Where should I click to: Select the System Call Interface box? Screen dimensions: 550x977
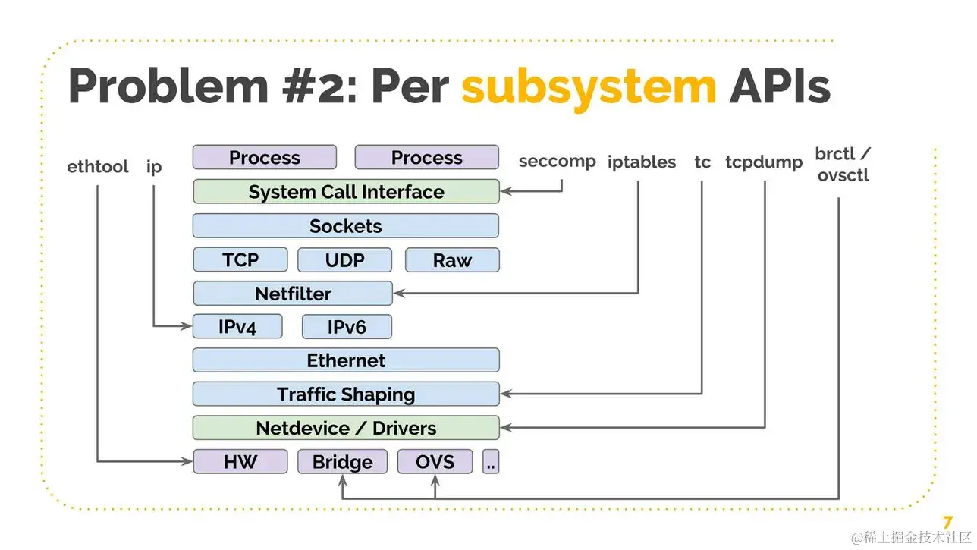click(346, 192)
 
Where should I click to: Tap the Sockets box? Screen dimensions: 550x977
click(346, 226)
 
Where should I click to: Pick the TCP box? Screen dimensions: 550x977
click(240, 259)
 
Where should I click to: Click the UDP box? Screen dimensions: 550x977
click(344, 260)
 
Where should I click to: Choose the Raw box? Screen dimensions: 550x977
click(452, 260)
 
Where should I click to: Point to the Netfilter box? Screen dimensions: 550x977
click(293, 294)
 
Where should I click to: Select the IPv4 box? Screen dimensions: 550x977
click(237, 327)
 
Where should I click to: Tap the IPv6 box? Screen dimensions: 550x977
click(347, 327)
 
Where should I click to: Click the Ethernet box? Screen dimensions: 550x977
click(346, 360)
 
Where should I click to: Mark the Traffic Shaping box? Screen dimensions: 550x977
click(346, 394)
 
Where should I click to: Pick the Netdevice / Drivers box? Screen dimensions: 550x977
click(346, 428)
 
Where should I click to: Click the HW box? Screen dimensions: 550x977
click(240, 462)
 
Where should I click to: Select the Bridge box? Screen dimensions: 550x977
click(342, 462)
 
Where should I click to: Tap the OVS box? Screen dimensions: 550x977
click(435, 462)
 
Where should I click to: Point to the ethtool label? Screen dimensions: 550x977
click(98, 166)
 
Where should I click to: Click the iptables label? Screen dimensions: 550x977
click(642, 162)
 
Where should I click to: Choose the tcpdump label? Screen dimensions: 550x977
click(763, 162)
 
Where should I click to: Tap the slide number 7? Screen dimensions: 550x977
click(947, 523)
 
